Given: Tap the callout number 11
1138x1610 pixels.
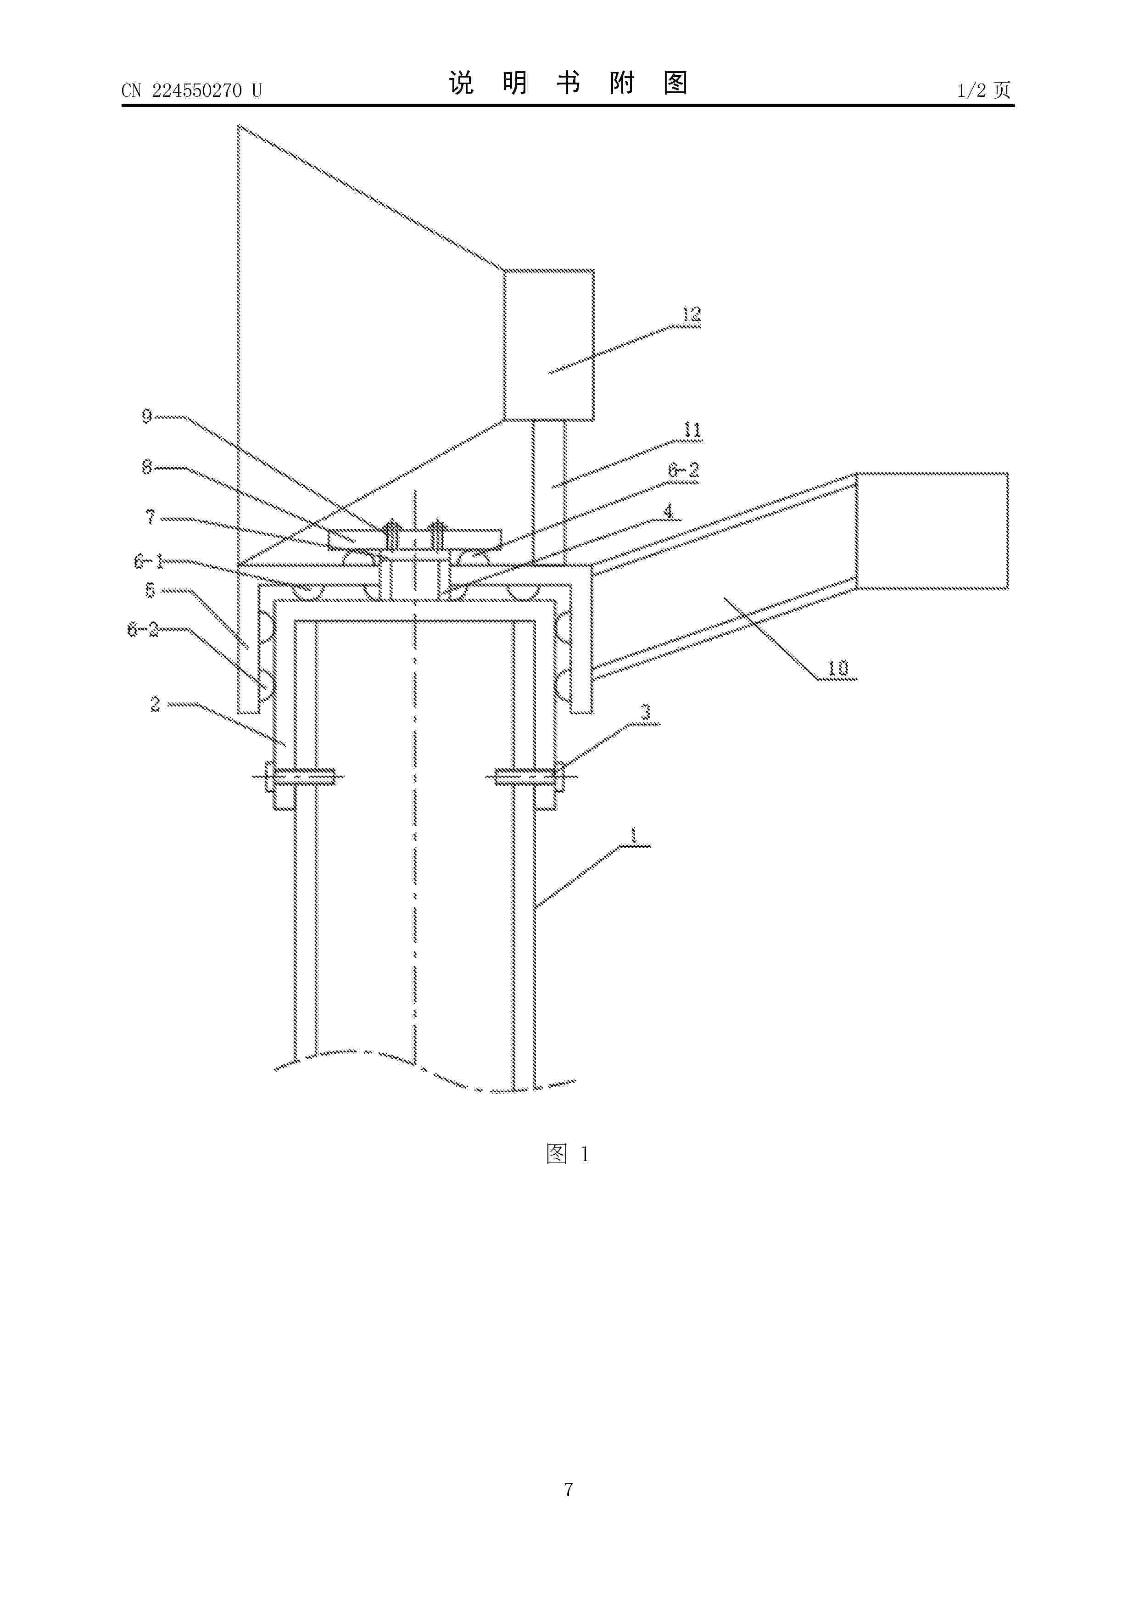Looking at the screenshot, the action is pos(692,430).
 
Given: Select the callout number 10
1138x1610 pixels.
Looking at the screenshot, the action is pos(838,668).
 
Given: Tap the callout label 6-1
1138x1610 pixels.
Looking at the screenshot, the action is pos(149,561).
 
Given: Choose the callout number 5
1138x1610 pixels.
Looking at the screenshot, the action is pos(150,590).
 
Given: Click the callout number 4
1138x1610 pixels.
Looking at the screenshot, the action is pos(669,512).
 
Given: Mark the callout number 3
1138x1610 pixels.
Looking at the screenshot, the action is pos(646,712).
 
